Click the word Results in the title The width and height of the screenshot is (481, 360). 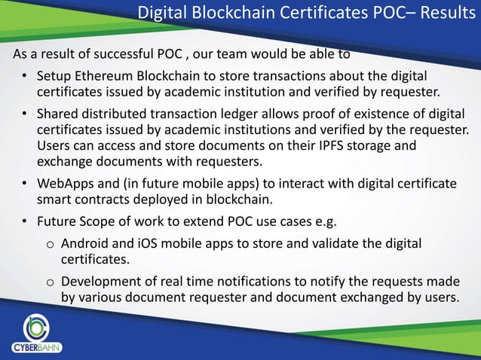[440, 14]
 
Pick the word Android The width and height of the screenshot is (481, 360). [86, 244]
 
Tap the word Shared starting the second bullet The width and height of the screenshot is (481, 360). [58, 114]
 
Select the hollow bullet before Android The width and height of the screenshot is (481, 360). [49, 246]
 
